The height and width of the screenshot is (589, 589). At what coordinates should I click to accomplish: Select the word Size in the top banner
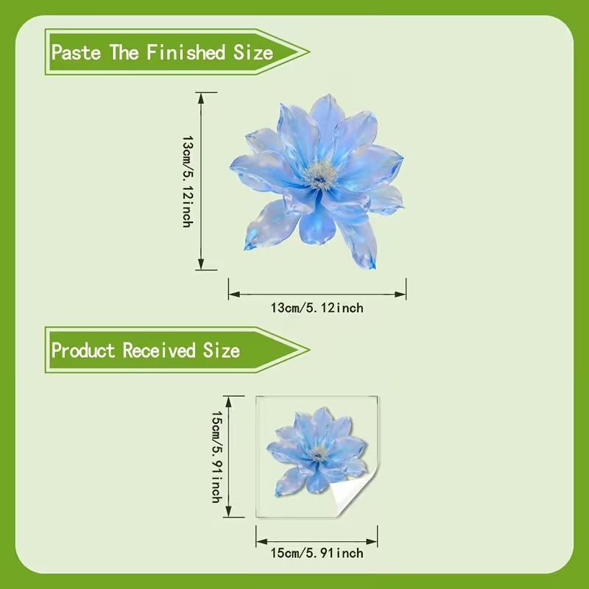tap(253, 52)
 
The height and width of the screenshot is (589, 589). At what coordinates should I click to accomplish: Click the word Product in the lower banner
tap(84, 350)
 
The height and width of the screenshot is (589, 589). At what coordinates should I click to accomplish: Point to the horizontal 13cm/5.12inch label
tap(317, 308)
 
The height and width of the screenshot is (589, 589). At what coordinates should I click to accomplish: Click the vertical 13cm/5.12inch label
tap(187, 180)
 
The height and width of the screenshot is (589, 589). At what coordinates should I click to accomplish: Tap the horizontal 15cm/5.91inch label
tap(317, 553)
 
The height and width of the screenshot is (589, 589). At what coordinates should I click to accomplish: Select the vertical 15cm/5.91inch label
tap(216, 456)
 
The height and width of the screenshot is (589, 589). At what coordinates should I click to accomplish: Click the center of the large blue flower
tap(320, 174)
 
